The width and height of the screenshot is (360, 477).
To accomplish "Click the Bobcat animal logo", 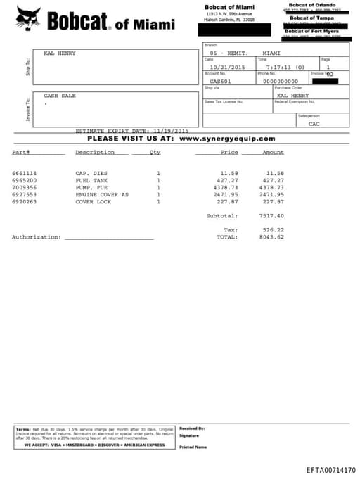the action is pos(29,18).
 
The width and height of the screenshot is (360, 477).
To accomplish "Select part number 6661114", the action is pos(24,173).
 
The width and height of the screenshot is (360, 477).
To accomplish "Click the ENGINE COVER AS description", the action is pos(102,194).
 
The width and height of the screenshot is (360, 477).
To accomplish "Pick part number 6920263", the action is pos(24,201).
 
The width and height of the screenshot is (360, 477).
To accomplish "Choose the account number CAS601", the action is pos(220,81).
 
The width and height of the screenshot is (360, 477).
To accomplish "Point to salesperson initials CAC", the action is pos(314,123).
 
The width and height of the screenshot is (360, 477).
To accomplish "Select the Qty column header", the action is pos(155,152).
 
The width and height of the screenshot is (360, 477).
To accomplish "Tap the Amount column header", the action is pos(273,152).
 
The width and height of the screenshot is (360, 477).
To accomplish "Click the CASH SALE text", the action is pos(59,96).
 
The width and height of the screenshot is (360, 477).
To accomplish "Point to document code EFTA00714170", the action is pos(330,469).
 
